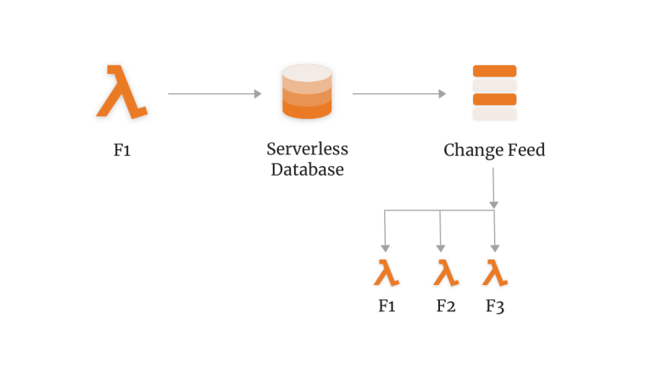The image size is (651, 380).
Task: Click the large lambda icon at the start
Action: click(x=121, y=91)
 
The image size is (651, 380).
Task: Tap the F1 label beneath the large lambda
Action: click(x=123, y=151)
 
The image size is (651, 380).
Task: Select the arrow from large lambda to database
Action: click(x=214, y=93)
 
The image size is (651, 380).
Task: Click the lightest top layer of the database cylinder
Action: click(x=306, y=75)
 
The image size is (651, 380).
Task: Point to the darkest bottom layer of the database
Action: click(x=306, y=110)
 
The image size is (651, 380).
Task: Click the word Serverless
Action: click(x=307, y=149)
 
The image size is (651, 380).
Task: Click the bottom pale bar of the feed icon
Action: click(x=494, y=114)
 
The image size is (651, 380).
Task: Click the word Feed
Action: click(x=526, y=151)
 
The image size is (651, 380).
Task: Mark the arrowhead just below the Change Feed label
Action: click(x=494, y=204)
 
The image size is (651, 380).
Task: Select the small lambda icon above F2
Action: click(x=446, y=273)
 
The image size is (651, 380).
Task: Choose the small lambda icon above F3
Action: click(x=495, y=273)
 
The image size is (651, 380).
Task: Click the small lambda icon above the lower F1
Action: click(x=387, y=273)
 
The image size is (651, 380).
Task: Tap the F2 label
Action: click(x=446, y=305)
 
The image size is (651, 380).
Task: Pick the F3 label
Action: click(x=495, y=305)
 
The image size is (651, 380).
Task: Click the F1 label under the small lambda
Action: click(x=387, y=305)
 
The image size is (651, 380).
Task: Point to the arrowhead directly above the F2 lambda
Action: click(x=440, y=247)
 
